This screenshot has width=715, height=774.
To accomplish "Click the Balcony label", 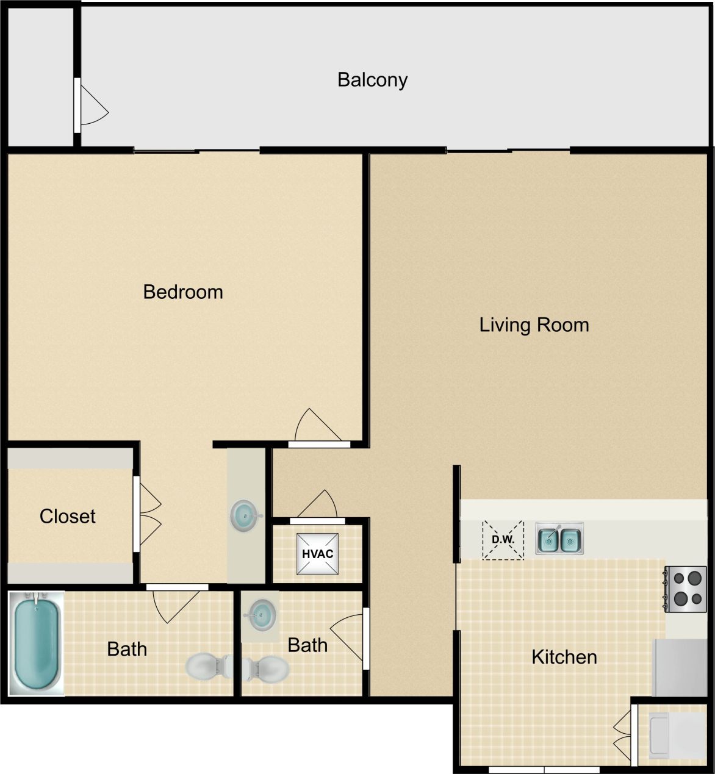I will pos(372,80).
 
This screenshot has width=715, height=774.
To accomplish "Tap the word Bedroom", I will pos(183,292).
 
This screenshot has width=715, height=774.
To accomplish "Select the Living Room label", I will pos(534,324).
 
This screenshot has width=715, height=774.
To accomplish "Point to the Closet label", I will pos(67,517).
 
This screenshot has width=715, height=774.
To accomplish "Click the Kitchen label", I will pos(564,657).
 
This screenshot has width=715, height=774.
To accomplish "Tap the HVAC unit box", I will pos(317,554).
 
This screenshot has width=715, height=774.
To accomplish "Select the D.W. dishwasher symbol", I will pos(503,540).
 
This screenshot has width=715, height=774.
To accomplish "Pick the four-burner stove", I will pos(686,589).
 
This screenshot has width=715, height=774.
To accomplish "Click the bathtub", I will pos(37,643).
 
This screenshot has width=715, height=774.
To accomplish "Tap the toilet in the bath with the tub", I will pos(207,667).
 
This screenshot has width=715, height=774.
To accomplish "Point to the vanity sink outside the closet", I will pos(246,516).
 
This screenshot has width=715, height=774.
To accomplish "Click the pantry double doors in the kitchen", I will pos(624,733).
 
